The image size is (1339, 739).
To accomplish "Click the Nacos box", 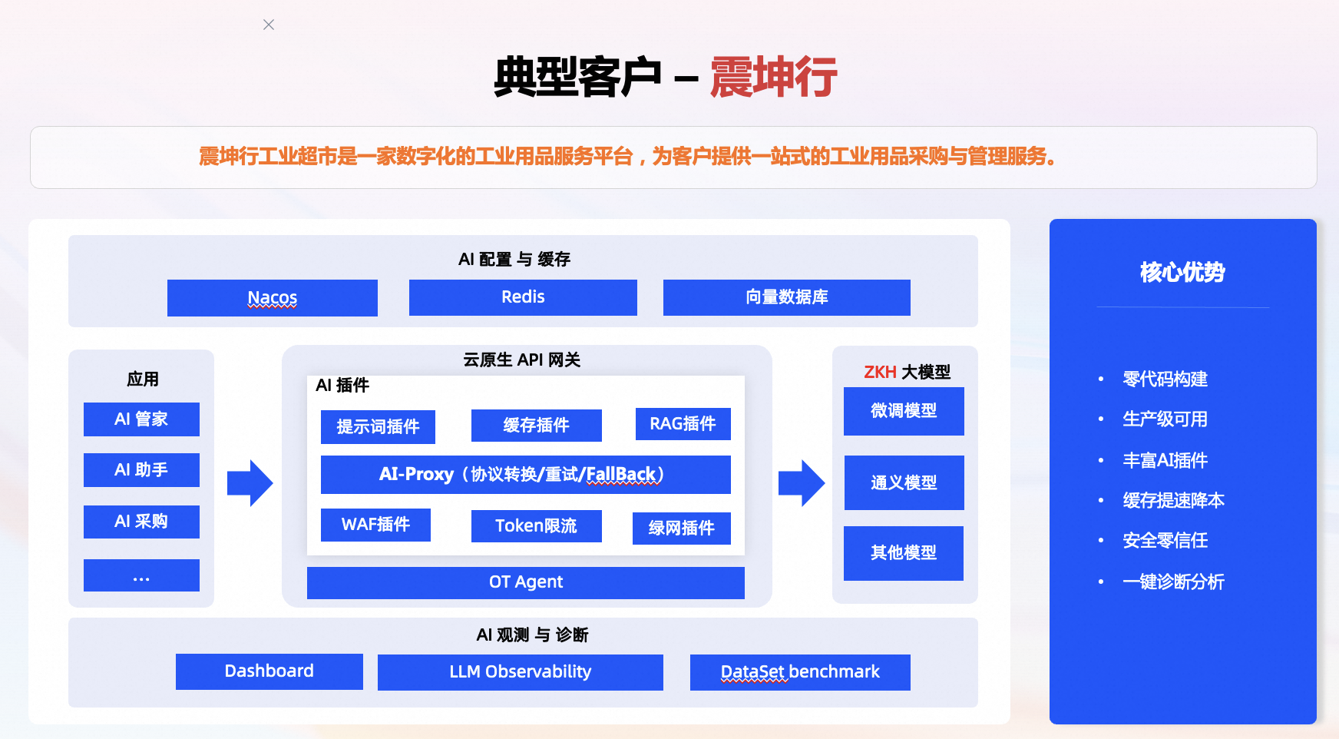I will pyautogui.click(x=273, y=298).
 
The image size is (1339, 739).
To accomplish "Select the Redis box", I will pyautogui.click(x=523, y=297).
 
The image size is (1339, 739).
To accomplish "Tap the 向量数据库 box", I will pyautogui.click(x=786, y=297).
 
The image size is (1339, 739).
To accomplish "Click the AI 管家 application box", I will pyautogui.click(x=141, y=419).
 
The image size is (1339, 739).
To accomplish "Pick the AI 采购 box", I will pyautogui.click(x=141, y=522).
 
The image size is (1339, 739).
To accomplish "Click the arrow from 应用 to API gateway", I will pyautogui.click(x=250, y=483).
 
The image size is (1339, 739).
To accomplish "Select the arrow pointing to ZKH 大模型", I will pyautogui.click(x=801, y=483).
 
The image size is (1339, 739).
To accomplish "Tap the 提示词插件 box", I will pyautogui.click(x=378, y=427).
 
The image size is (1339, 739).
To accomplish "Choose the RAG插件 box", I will pyautogui.click(x=683, y=424).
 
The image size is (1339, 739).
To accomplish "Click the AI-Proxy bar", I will pyautogui.click(x=525, y=475).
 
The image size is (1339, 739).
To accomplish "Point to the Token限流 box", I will pyautogui.click(x=536, y=526).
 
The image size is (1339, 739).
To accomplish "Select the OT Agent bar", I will pyautogui.click(x=525, y=582).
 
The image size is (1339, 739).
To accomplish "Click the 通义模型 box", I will pyautogui.click(x=904, y=482).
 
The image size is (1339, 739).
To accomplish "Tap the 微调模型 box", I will pyautogui.click(x=904, y=411).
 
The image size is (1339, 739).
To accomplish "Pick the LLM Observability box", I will pyautogui.click(x=520, y=672).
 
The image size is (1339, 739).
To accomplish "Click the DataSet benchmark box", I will pyautogui.click(x=800, y=672).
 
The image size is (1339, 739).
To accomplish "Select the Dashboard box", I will pyautogui.click(x=269, y=671).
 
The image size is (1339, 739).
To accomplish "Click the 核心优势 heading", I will pyautogui.click(x=1182, y=272).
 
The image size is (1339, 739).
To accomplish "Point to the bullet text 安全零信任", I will pyautogui.click(x=1165, y=541).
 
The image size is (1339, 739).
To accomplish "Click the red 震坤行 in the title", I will pyautogui.click(x=773, y=78).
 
